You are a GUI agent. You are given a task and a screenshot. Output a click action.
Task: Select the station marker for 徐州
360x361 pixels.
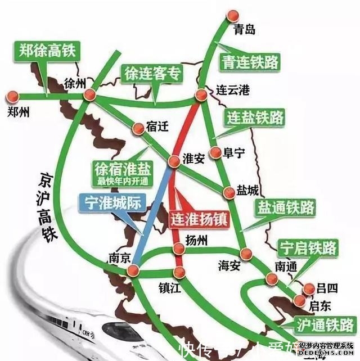(90, 97)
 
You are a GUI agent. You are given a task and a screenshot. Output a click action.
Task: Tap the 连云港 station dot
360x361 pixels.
(201, 95)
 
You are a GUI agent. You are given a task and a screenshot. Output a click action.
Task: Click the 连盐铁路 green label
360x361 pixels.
(255, 118)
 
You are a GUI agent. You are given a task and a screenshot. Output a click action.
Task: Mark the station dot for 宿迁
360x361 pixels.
(138, 129)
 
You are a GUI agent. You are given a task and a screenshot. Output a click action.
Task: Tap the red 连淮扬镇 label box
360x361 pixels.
(199, 218)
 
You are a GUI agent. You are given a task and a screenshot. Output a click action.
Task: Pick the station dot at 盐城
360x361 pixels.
(229, 193)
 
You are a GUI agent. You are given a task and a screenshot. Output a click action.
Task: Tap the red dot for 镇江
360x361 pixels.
(179, 273)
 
